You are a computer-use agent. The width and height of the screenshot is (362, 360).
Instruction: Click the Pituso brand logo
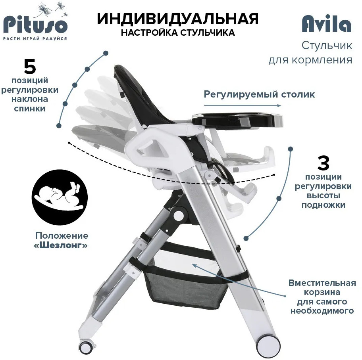pyautogui.click(x=35, y=21)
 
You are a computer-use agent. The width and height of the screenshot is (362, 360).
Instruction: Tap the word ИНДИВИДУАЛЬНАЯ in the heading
pyautogui.click(x=177, y=19)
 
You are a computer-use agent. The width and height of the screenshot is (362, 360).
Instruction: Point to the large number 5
pyautogui.click(x=30, y=67)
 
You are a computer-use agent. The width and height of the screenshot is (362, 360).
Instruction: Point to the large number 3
pyautogui.click(x=323, y=163)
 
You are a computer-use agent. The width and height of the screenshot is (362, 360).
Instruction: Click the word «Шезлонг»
pyautogui.click(x=61, y=245)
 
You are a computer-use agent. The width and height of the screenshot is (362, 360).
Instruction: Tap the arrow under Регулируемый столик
pyautogui.click(x=243, y=105)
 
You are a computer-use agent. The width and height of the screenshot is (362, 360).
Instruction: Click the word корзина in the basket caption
pyautogui.click(x=322, y=292)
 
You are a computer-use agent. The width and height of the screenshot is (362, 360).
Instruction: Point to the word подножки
pyautogui.click(x=323, y=205)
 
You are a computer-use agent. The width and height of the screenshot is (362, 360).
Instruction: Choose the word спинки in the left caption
pyautogui.click(x=29, y=108)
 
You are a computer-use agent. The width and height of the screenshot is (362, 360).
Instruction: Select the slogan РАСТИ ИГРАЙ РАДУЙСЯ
pyautogui.click(x=35, y=38)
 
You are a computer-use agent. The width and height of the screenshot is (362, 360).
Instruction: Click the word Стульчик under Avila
pyautogui.click(x=327, y=46)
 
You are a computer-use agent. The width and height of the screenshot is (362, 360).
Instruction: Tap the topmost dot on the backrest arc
pyautogui.click(x=106, y=53)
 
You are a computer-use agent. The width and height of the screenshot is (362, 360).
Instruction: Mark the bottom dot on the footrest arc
pyautogui.click(x=246, y=238)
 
